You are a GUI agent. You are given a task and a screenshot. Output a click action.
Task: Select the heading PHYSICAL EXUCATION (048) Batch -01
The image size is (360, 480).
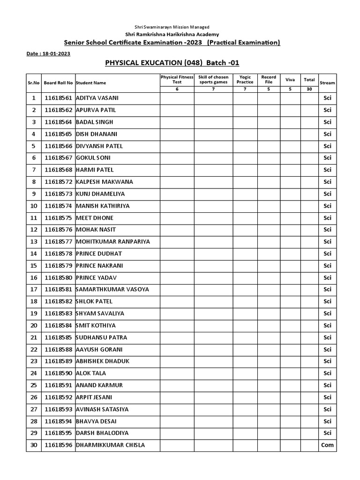[168, 63]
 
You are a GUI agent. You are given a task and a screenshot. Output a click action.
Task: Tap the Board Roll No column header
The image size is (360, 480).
[59, 83]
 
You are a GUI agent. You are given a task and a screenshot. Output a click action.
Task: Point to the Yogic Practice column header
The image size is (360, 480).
[245, 79]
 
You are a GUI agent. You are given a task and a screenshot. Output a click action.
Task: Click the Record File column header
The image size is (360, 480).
[269, 79]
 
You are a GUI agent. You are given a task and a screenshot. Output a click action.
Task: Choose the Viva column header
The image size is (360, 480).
[290, 80]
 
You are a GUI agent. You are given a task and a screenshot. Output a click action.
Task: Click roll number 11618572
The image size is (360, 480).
[59, 182]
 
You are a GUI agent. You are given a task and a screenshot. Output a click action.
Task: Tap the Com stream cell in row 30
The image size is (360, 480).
[327, 445]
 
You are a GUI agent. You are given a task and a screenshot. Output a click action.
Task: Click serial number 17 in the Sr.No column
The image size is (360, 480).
[34, 289]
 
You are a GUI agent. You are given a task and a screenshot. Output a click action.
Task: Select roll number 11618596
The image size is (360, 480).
[59, 445]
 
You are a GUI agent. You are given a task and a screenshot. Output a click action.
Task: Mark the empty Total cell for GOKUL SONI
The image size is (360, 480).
[309, 158]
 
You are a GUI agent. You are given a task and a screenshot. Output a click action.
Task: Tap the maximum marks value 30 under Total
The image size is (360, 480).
[309, 89]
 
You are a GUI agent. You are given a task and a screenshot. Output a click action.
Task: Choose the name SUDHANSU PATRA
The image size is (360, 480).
[101, 337]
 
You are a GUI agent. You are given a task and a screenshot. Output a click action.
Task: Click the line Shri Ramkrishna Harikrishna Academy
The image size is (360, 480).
[172, 35]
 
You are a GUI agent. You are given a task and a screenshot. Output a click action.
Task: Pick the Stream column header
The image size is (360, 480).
[327, 83]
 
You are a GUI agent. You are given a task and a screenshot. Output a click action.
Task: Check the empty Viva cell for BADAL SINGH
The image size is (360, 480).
[290, 122]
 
